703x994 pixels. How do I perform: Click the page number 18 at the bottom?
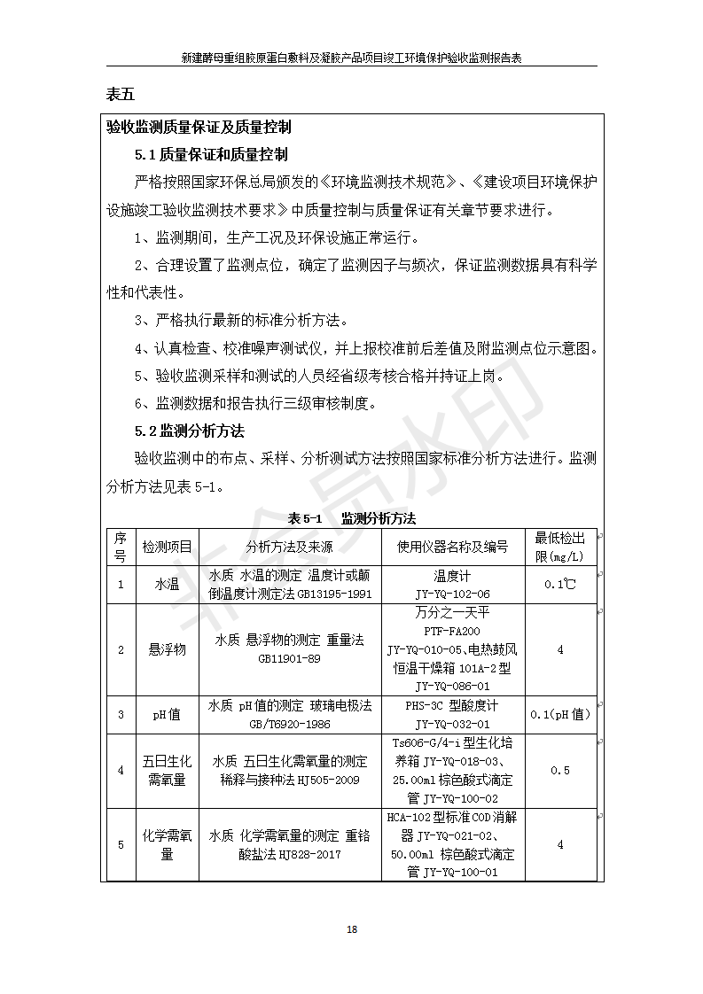(352, 929)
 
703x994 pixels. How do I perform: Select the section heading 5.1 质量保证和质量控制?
(211, 155)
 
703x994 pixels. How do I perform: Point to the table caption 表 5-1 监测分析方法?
(352, 517)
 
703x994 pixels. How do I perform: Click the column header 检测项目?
(167, 547)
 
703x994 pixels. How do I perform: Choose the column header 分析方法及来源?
(290, 547)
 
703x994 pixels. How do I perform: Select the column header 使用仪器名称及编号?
(452, 547)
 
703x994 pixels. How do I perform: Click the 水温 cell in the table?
(167, 584)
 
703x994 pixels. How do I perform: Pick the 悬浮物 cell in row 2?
(167, 649)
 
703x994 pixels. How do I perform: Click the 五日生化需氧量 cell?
(167, 770)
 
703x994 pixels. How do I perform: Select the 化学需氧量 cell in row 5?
(167, 844)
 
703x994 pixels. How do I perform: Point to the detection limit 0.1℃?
(559, 585)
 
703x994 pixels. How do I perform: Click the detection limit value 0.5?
(559, 770)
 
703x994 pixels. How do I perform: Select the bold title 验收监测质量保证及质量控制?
(199, 128)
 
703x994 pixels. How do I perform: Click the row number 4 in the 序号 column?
(121, 770)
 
